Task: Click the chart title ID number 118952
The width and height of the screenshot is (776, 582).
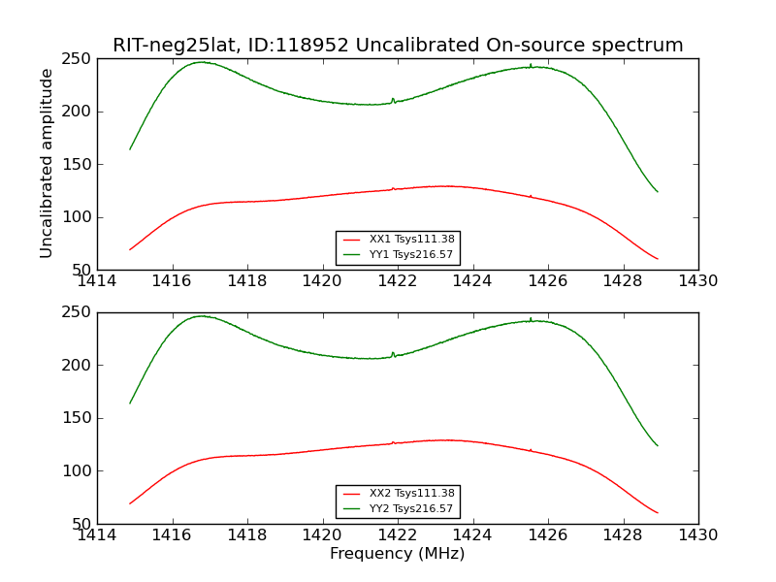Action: (x=311, y=45)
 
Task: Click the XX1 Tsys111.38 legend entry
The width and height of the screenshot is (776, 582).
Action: (x=399, y=239)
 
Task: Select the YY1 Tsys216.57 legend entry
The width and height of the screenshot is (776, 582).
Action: (x=398, y=254)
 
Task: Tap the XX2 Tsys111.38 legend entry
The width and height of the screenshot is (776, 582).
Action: (x=399, y=493)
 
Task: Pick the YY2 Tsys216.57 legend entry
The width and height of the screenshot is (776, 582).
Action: (x=398, y=508)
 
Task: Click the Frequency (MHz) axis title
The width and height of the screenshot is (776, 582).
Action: (x=398, y=553)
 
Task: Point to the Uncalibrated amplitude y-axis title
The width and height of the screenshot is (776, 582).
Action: (x=46, y=163)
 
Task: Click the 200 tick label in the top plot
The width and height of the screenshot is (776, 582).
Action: (x=77, y=112)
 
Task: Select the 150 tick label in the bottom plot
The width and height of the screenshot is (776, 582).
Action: (x=77, y=418)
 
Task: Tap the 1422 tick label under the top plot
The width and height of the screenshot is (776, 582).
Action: (x=398, y=281)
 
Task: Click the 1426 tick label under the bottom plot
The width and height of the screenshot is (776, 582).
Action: (x=548, y=535)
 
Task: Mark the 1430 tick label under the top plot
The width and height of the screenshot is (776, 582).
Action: (x=698, y=281)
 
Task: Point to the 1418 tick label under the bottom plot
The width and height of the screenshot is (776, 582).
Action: (x=247, y=535)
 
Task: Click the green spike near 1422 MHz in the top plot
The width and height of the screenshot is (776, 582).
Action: (x=393, y=101)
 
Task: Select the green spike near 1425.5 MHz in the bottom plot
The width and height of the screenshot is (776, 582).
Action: (x=531, y=320)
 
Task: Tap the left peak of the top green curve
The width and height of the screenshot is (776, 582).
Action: (x=201, y=62)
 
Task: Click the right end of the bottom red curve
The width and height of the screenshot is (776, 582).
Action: (x=658, y=513)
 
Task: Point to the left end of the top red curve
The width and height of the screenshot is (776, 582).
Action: (x=130, y=249)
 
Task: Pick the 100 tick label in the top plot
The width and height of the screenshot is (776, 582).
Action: (x=77, y=216)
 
